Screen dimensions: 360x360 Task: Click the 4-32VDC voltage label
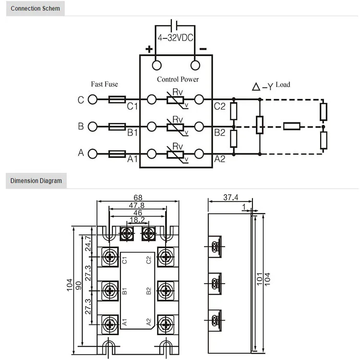(x=175, y=38)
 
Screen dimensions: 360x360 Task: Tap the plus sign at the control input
(x=149, y=48)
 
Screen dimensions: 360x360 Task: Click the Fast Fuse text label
(x=104, y=84)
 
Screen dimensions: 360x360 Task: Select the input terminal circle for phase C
(x=93, y=100)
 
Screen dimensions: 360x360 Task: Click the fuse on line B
(x=117, y=127)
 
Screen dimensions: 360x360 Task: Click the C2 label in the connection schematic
(x=220, y=106)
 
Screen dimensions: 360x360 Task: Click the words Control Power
(x=177, y=79)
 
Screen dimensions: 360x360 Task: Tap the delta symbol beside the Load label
(x=256, y=87)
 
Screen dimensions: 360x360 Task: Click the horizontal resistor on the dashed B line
(x=292, y=127)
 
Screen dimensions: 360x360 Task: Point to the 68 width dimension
(x=138, y=198)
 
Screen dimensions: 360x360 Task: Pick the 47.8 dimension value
(x=138, y=205)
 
